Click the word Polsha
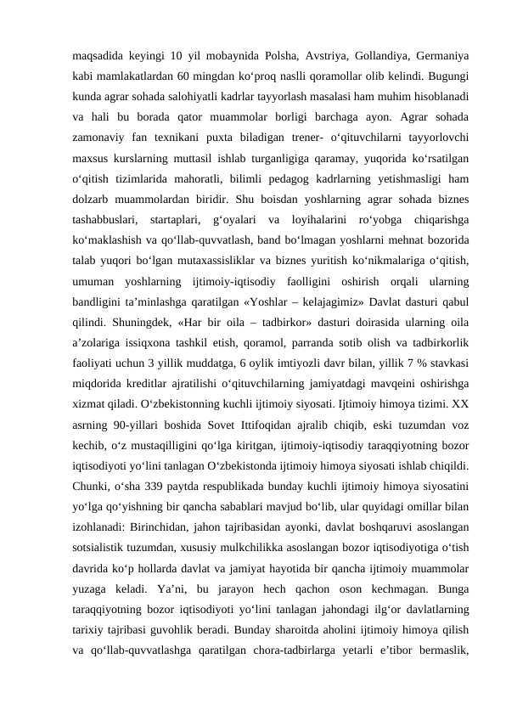(284, 57)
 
